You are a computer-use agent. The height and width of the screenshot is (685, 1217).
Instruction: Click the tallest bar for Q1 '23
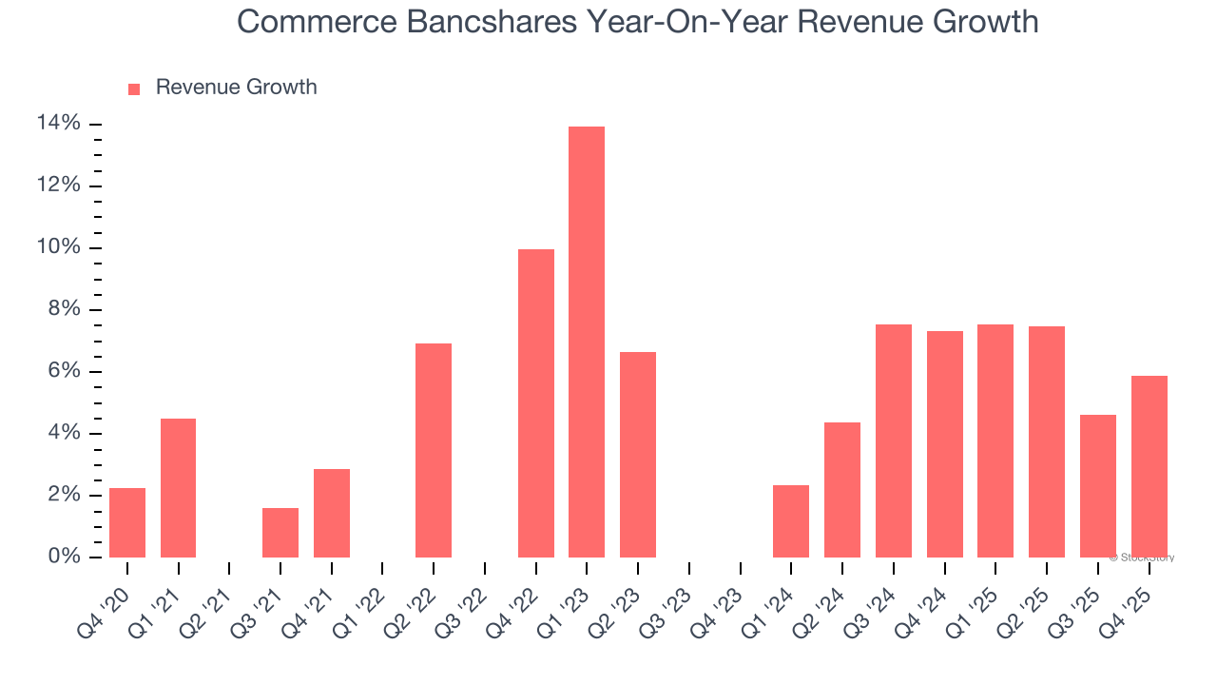tap(587, 342)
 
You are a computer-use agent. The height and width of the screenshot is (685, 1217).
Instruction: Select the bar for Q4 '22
tap(535, 403)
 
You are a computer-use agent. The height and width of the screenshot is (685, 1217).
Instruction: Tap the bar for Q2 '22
tap(434, 450)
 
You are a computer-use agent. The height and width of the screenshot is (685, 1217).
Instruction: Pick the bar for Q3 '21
tap(280, 533)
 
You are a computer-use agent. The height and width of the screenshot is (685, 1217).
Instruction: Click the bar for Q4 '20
tap(127, 522)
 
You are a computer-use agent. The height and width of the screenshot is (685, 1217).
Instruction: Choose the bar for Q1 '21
tap(179, 488)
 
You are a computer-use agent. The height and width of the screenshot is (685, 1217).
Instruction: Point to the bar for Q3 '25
tap(1097, 486)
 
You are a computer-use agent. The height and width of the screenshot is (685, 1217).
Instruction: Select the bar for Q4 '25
tap(1149, 466)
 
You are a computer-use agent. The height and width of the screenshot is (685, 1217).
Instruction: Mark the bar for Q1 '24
tap(791, 521)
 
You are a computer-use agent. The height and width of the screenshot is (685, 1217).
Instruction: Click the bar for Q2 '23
tap(638, 455)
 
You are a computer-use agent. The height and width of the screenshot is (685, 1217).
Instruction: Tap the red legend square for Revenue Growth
tap(134, 88)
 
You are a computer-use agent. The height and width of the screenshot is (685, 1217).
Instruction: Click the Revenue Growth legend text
tap(236, 88)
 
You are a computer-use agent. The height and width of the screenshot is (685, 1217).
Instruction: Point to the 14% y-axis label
tap(58, 124)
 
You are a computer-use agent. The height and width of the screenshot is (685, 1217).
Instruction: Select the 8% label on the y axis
tap(63, 310)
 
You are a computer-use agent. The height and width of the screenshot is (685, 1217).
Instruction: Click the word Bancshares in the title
tap(493, 21)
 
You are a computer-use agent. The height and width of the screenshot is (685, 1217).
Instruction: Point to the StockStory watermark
tap(1142, 558)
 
